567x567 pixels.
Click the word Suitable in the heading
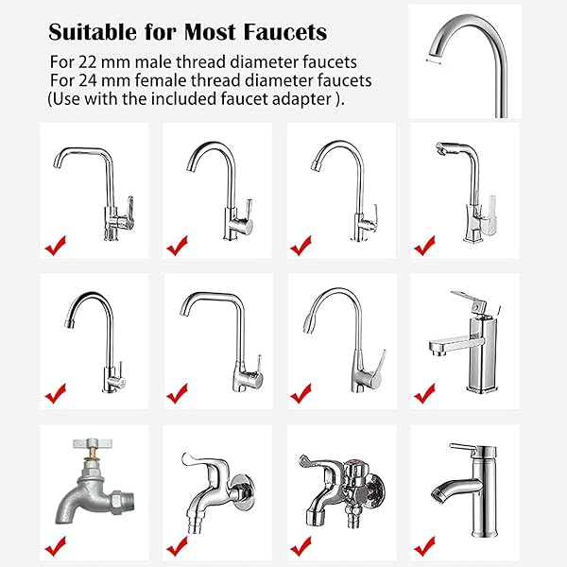(93, 32)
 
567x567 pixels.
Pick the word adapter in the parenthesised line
(302, 99)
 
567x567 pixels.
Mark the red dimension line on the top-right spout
(435, 60)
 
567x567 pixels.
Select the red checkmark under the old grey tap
(56, 545)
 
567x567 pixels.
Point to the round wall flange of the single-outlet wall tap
(242, 491)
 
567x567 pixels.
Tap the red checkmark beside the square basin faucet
(425, 390)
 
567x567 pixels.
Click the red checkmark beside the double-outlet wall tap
(301, 545)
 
